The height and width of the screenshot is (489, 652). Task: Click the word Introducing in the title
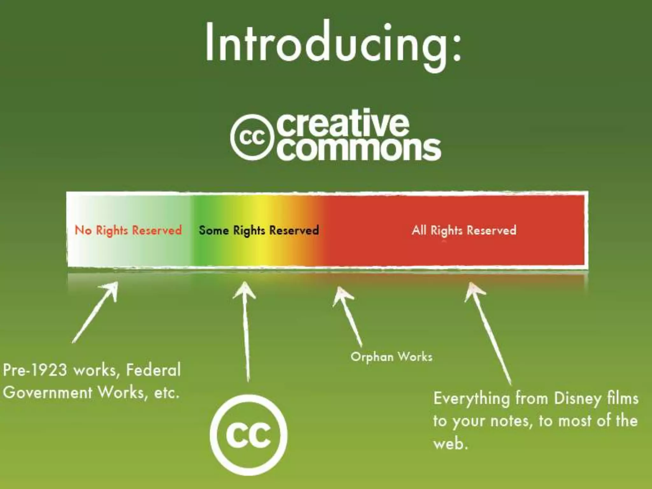[322, 43]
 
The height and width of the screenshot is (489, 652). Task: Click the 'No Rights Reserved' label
[128, 230]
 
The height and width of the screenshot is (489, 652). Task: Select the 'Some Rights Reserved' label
[259, 230]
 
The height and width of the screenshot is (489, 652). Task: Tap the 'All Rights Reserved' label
[464, 230]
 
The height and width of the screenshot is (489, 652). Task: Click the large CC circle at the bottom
[249, 435]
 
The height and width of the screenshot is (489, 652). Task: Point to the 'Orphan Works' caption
[391, 357]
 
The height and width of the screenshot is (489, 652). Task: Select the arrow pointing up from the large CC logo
[245, 331]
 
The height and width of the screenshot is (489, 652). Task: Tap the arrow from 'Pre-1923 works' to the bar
[96, 312]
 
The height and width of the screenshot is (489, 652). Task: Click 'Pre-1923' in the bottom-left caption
[35, 370]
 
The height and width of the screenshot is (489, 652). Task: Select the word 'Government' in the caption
[48, 393]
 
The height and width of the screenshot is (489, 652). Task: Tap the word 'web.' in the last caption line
[450, 443]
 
